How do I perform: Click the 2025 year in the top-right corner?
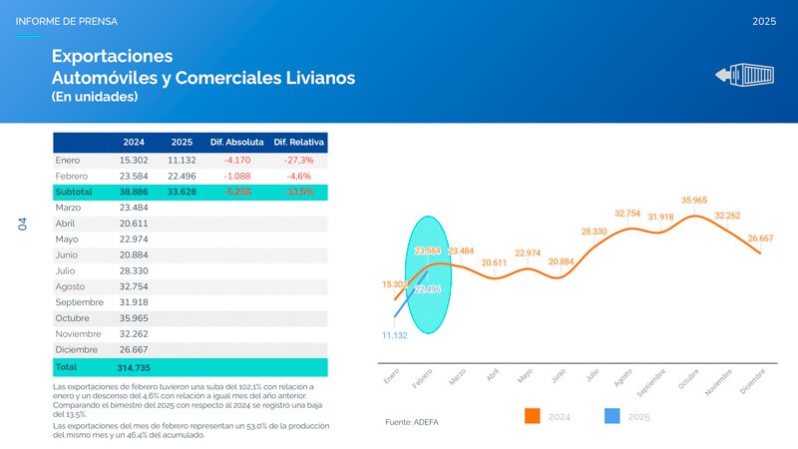pyautogui.click(x=764, y=21)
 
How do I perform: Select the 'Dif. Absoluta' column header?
pyautogui.click(x=236, y=143)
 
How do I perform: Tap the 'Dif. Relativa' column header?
pyautogui.click(x=299, y=143)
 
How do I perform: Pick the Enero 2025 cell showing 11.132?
pyautogui.click(x=182, y=160)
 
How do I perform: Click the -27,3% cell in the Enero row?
pyautogui.click(x=299, y=160)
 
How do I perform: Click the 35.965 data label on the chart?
pyautogui.click(x=694, y=201)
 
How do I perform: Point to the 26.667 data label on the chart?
pyautogui.click(x=759, y=238)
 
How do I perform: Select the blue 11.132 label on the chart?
pyautogui.click(x=394, y=336)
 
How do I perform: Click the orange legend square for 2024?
pyautogui.click(x=532, y=416)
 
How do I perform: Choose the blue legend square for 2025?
pyautogui.click(x=612, y=416)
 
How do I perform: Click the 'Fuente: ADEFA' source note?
pyautogui.click(x=411, y=422)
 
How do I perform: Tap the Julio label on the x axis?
pyautogui.click(x=592, y=376)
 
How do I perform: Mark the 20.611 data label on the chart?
pyautogui.click(x=494, y=263)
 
